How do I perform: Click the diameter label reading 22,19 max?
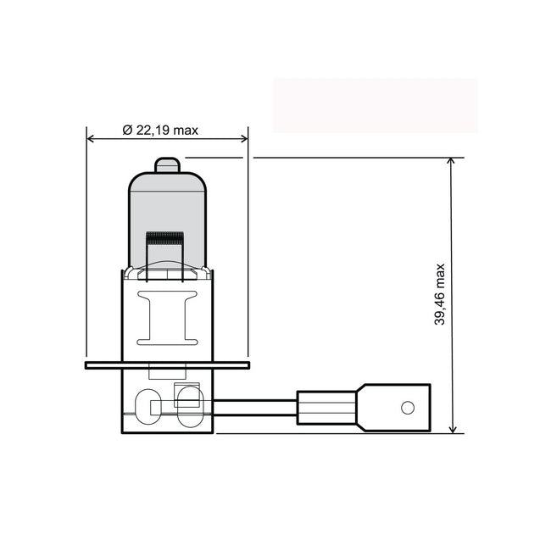tap(160, 130)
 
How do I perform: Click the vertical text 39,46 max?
tap(439, 294)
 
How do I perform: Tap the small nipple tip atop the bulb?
tap(167, 164)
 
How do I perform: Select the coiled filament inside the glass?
tap(165, 238)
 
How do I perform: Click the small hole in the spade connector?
tap(407, 409)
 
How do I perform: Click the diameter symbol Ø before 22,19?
tap(126, 130)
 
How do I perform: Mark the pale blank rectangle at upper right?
tap(375, 105)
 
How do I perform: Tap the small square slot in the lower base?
tap(185, 392)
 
